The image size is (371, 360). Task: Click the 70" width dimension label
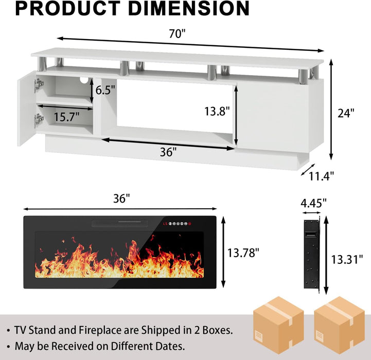176,34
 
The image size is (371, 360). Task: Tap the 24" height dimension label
346,113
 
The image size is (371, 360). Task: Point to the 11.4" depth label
322,175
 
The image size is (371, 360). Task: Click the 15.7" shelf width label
67,117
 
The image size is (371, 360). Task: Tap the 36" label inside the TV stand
168,152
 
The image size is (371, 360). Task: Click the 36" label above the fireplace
121,199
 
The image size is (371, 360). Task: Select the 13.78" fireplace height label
243,252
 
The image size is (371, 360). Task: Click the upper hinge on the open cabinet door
39,84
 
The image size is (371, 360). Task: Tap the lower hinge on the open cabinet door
39,120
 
